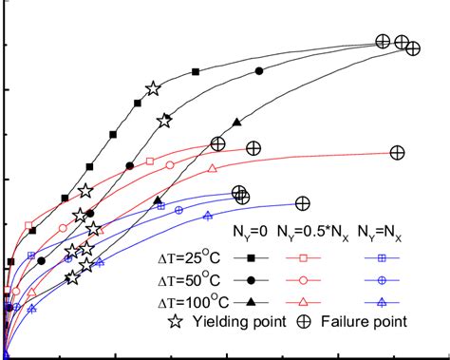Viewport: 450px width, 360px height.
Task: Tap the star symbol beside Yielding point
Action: coord(176,322)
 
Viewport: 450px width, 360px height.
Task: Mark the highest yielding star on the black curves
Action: coord(153,88)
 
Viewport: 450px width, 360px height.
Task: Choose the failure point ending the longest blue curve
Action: coord(303,202)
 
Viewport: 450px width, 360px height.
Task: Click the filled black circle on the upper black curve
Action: coord(259,71)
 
